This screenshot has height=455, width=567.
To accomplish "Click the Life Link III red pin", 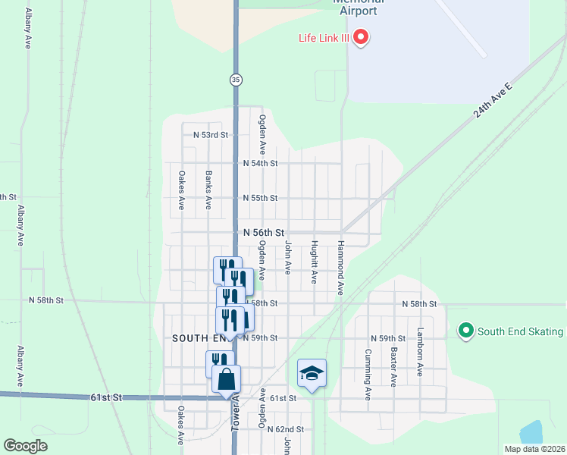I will coord(361,36).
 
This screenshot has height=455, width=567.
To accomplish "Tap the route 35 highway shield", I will coord(237,79).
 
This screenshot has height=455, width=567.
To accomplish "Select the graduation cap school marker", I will coord(312,373).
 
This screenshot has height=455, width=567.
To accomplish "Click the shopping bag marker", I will coord(226,378).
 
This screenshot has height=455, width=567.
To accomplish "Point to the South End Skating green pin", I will coord(466,331).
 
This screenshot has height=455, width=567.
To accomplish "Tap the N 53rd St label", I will coord(211,135).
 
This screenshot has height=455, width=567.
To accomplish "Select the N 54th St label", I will coord(260,163).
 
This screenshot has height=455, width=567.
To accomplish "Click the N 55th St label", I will coord(260,198).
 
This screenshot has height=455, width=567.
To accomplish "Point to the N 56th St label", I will coord(263,233).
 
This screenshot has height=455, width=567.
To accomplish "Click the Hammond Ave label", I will coord(341,268).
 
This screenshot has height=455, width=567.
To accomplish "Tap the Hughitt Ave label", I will coord(314,262).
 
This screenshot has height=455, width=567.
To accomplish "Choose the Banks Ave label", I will coord(208,190).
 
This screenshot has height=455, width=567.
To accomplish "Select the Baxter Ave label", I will coord(393,367).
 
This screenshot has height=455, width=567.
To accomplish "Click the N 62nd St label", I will coord(286,429).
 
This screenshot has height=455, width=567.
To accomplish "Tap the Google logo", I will coord(25,446).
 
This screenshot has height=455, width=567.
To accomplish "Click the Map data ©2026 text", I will coord(534,449).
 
